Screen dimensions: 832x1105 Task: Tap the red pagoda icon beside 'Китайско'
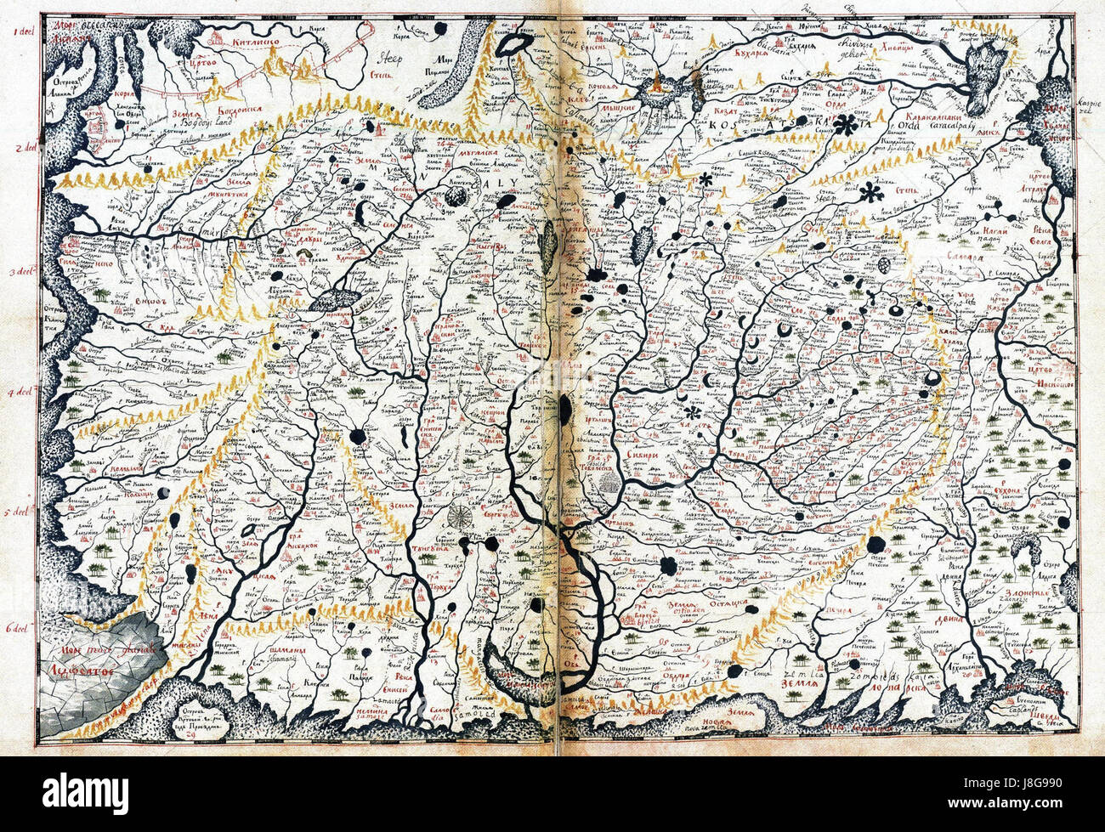pyautogui.click(x=219, y=38)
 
